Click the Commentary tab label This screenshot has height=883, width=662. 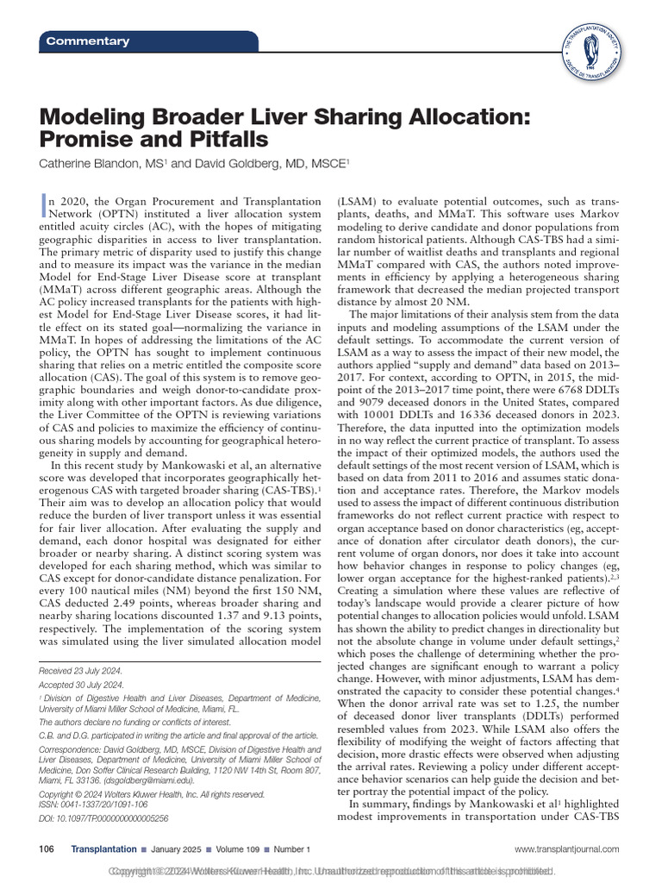(87, 41)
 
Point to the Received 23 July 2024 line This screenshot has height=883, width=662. (81, 670)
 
